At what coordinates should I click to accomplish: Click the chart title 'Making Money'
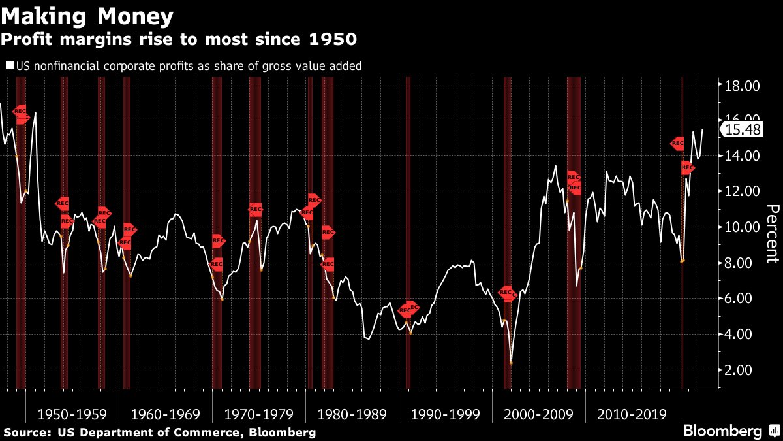(x=87, y=15)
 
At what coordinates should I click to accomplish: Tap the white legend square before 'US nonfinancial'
(x=8, y=66)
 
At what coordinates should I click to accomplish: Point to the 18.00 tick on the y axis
(x=743, y=85)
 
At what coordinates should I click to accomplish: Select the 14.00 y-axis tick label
(x=743, y=155)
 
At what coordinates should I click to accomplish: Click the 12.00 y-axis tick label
(x=743, y=191)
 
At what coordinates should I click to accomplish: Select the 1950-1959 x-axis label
(x=72, y=414)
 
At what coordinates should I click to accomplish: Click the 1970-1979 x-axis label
(x=258, y=414)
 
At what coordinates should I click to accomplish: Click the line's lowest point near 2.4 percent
(x=511, y=363)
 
